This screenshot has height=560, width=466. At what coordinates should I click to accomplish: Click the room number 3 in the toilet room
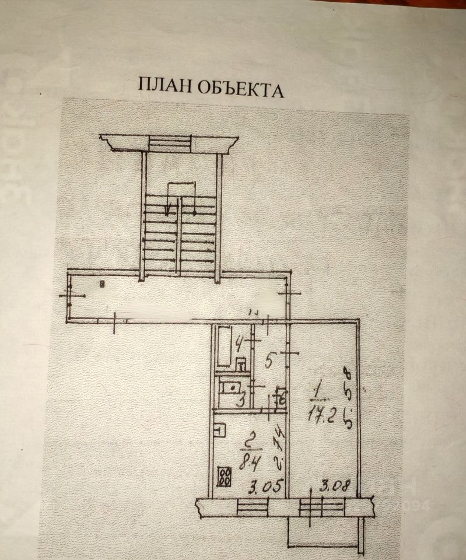pyautogui.click(x=239, y=401)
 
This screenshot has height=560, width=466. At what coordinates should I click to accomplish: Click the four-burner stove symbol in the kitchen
pyautogui.click(x=223, y=477)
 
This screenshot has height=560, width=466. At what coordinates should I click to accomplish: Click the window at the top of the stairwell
pyautogui.click(x=169, y=142)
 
